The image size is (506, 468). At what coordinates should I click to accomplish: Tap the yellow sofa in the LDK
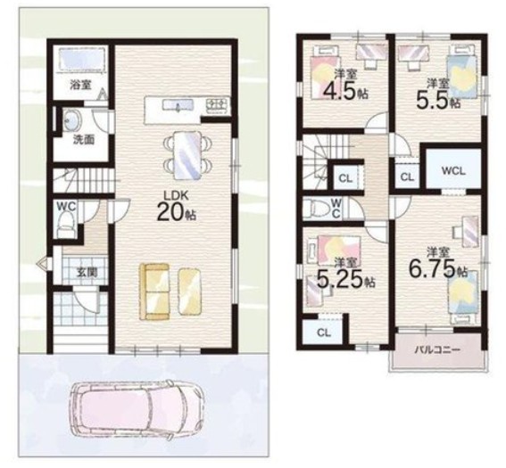154,292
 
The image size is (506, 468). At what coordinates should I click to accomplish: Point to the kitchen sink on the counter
178,105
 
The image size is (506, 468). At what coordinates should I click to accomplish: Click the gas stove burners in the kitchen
217,104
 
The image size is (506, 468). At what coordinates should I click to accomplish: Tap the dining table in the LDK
188,155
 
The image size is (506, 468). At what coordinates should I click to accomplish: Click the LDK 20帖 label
176,206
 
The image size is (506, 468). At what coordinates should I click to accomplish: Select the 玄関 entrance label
87,273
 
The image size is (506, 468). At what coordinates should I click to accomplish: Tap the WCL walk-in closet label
453,171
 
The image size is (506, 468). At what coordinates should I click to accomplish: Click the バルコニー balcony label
437,349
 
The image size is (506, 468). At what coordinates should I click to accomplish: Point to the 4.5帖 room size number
345,91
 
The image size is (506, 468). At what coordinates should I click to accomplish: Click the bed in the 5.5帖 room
461,71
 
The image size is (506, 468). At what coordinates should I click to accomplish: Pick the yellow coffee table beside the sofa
190,291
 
